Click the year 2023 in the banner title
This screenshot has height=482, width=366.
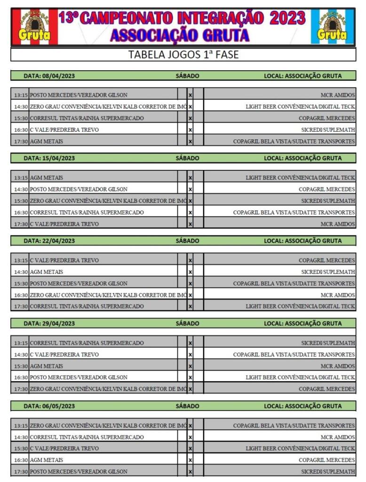287,18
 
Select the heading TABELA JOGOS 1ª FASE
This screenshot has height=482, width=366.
183,55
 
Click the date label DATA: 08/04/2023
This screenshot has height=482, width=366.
49,75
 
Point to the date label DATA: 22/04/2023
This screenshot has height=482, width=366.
49,241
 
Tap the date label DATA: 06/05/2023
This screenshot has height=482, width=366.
49,406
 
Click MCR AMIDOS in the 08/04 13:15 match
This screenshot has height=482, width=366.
338,95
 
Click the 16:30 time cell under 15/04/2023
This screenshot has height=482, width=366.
21,213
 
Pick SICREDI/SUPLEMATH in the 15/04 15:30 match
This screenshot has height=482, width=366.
328,201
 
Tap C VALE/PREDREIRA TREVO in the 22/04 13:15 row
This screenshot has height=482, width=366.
64,260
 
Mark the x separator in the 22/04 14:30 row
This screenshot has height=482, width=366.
190,272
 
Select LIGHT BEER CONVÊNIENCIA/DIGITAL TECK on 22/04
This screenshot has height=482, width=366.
300,306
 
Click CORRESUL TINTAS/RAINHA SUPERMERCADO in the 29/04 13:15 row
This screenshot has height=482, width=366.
87,343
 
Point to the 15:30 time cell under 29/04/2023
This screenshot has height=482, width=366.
21,366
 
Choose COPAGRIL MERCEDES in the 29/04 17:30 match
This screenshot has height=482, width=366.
326,389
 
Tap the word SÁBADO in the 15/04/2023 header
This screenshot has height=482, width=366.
187,158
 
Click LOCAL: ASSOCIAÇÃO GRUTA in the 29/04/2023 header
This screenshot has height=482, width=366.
302,324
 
